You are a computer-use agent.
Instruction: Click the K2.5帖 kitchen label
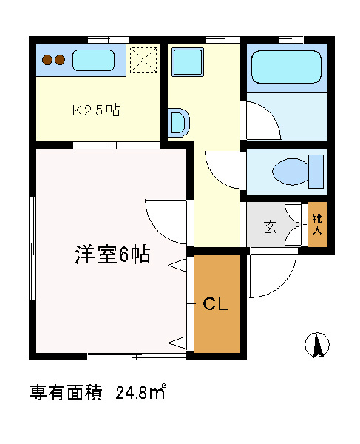pos(96,110)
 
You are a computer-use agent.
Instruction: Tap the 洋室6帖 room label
pos(112,254)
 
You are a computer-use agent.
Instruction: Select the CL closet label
pos(216,304)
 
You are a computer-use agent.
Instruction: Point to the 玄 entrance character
pos(270,226)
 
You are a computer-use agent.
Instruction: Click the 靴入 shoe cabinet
pos(317,224)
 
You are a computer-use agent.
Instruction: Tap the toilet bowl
pos(291,172)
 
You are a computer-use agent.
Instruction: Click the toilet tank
pos(316,172)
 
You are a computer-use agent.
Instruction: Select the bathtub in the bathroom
pos(287,67)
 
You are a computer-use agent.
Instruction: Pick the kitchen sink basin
pos(94,60)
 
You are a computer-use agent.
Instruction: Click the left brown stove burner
pos(47,60)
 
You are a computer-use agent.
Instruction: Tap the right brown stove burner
pos(60,60)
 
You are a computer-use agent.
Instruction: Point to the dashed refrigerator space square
pos(143,59)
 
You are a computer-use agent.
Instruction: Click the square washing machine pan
pos(188,62)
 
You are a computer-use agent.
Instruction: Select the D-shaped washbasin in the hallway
pos(180,123)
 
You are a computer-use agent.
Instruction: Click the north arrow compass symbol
pos(317,345)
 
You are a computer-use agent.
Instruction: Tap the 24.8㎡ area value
pos(140,392)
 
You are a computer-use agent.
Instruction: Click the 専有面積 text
pos(66,392)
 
